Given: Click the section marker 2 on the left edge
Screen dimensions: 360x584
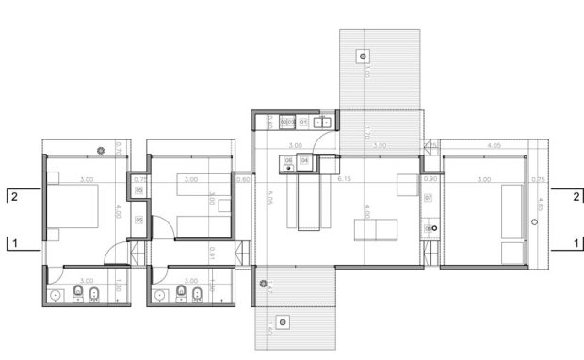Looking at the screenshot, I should pyautogui.click(x=15, y=196).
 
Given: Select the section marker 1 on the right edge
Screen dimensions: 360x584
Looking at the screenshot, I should pyautogui.click(x=573, y=242).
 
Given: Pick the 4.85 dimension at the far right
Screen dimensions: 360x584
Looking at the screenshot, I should pyautogui.click(x=541, y=204).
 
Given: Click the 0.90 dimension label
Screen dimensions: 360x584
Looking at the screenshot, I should pyautogui.click(x=432, y=179).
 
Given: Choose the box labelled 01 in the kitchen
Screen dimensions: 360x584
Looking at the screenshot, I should pyautogui.click(x=304, y=122).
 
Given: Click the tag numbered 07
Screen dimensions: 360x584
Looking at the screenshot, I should pyautogui.click(x=429, y=198).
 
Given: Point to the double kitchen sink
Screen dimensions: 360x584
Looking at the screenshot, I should pyautogui.click(x=324, y=122).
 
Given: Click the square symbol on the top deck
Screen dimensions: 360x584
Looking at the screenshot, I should pyautogui.click(x=362, y=57).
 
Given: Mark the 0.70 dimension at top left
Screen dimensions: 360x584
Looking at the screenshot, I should pyautogui.click(x=119, y=148).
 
